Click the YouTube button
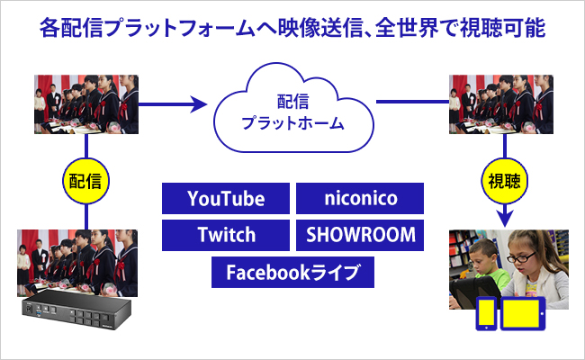tap(226, 198)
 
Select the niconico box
tap(360, 198)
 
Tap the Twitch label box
tap(226, 235)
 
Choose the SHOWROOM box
tap(360, 235)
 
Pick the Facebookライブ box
tap(292, 272)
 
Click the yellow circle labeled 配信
tap(85, 181)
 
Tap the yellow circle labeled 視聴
tap(505, 181)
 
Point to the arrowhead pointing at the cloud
tap(199, 104)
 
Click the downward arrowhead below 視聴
tap(505, 219)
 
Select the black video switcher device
tap(76, 309)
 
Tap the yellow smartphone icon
tap(486, 313)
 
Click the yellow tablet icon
tap(522, 313)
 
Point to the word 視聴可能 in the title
tap(503, 28)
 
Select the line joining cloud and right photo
tap(412, 102)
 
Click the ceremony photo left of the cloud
tap(86, 104)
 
